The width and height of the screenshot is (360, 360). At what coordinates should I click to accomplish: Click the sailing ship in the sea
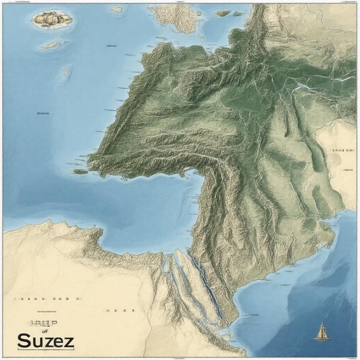pyautogui.click(x=322, y=332)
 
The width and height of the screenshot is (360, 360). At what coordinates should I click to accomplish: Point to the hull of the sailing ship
pyautogui.click(x=322, y=338)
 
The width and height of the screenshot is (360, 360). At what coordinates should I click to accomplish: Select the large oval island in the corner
pyautogui.click(x=52, y=19)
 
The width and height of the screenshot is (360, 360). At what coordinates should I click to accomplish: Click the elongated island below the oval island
pyautogui.click(x=51, y=45)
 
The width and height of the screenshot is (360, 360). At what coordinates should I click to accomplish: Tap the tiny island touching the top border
pyautogui.click(x=117, y=9)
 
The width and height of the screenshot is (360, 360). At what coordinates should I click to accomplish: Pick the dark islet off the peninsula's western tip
pyautogui.click(x=80, y=172)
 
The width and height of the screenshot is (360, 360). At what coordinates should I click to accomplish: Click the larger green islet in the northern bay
pyautogui.click(x=223, y=14)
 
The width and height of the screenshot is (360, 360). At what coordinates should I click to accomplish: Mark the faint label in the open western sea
pyautogui.click(x=43, y=114)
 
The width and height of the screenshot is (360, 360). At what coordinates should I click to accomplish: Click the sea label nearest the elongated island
pyautogui.click(x=111, y=46)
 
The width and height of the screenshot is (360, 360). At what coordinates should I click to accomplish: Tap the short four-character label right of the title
pyautogui.click(x=120, y=311)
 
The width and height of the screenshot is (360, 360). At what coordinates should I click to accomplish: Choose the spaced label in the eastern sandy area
pyautogui.click(x=342, y=150)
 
